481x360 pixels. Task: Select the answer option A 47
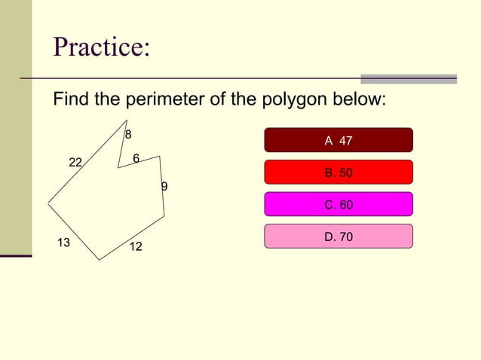339,140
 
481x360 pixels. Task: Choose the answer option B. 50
339,172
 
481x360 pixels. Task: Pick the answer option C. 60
339,204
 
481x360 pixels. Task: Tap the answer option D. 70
339,236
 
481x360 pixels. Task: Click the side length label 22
75,163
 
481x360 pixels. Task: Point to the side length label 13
63,243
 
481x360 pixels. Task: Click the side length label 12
136,247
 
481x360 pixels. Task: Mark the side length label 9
164,186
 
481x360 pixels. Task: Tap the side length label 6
136,158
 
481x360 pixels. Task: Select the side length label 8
128,134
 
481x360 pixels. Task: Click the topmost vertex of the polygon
127,121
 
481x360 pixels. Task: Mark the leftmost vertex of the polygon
48,203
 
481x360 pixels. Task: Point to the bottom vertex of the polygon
100,260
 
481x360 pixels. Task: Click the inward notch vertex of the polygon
118,168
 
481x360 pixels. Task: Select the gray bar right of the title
409,78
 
